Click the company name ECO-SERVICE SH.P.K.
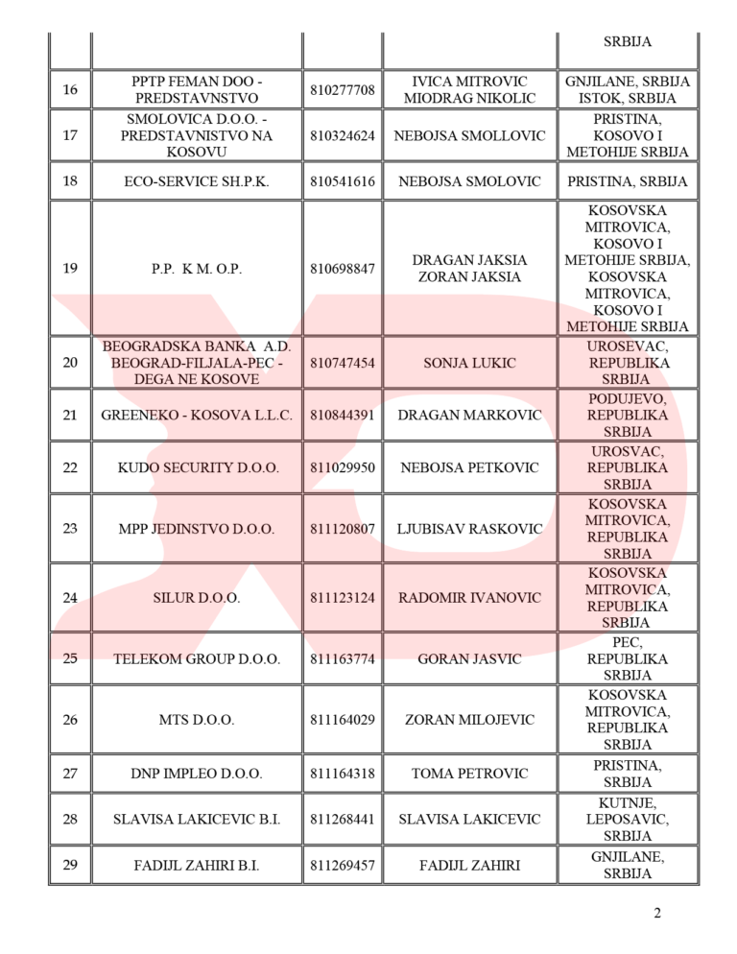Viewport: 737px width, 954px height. pos(197,181)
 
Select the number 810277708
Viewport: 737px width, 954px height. pos(343,90)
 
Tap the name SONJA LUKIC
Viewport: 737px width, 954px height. pos(469,364)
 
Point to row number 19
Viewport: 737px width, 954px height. pos(70,269)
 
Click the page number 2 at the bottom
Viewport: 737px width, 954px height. pos(657,913)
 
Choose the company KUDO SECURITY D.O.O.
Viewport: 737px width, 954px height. pos(197,468)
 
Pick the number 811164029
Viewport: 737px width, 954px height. pos(343,720)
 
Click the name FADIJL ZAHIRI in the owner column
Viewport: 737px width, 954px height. pos(469,866)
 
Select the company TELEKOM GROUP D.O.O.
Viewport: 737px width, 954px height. pos(197,659)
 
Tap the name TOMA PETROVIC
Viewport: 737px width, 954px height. pos(469,774)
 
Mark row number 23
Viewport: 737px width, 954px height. pos(70,529)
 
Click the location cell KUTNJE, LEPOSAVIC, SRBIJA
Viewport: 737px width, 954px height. pos(628,820)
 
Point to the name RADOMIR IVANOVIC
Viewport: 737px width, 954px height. pos(469,598)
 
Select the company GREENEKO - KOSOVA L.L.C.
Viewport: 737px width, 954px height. pos(197,416)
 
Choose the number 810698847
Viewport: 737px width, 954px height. pos(343,269)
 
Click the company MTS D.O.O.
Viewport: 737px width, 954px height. pos(197,720)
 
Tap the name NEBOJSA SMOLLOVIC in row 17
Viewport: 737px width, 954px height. pos(469,135)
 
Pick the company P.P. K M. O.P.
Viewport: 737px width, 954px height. pos(197,269)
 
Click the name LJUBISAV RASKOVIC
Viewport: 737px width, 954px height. pos(469,529)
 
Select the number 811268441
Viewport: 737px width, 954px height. pos(343,820)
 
